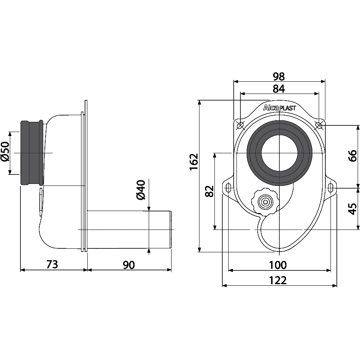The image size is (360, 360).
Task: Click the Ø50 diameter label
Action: pyautogui.click(x=5, y=152)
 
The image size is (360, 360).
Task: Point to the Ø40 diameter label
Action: pyautogui.click(x=141, y=190)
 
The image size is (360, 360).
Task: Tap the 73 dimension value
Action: pyautogui.click(x=52, y=264)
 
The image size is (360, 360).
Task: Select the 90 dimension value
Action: pyautogui.click(x=129, y=265)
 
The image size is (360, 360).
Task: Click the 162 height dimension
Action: pyautogui.click(x=194, y=162)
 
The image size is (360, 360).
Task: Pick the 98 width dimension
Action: pyautogui.click(x=279, y=77)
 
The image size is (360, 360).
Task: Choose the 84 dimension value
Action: pyautogui.click(x=279, y=88)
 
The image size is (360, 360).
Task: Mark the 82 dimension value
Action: pyautogui.click(x=209, y=191)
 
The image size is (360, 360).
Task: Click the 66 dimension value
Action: pyautogui.click(x=353, y=156)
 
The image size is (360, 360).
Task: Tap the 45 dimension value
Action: pyautogui.click(x=353, y=209)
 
